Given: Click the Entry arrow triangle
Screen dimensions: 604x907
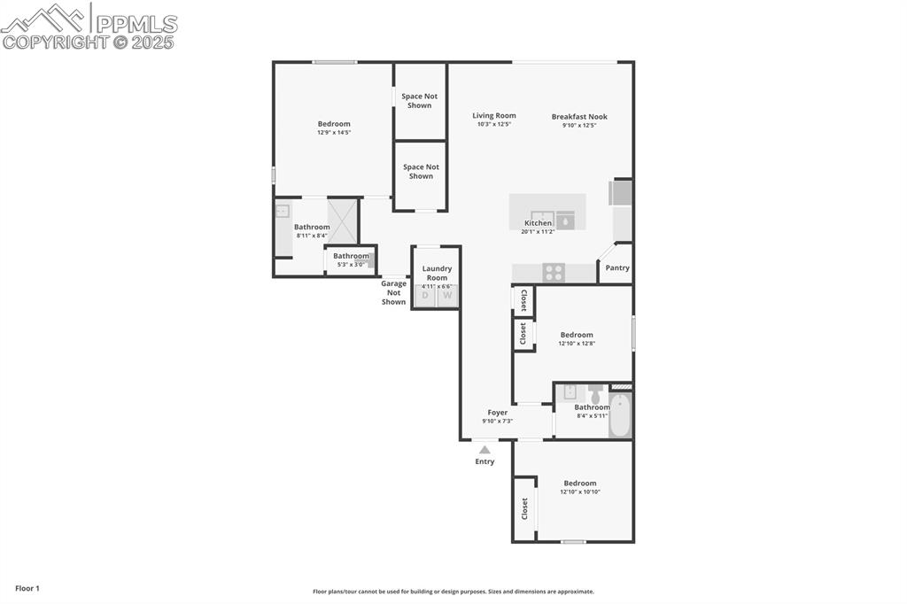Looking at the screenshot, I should coord(485,450).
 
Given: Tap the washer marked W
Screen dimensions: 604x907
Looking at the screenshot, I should coord(448,296).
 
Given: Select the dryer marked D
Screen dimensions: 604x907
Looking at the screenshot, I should coord(425,296).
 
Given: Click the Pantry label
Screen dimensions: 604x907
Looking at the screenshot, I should coord(617,267).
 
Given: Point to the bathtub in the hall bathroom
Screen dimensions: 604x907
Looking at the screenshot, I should coord(620,415).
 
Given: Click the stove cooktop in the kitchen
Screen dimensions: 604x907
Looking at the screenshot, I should coord(554,273).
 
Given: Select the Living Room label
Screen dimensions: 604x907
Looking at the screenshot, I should coord(493,115).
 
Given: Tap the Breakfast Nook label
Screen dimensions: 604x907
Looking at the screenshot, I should coord(579,116).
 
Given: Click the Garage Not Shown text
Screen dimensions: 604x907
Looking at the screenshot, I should coord(393,292).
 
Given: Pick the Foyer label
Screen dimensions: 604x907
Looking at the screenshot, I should coord(498,412).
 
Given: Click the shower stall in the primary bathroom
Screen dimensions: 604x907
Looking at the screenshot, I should coord(342,221).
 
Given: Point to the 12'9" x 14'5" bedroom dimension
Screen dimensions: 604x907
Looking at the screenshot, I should coord(334,133).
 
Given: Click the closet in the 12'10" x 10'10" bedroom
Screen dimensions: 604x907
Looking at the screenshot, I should coord(524,508).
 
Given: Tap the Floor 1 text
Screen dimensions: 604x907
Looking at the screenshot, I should coord(27,588).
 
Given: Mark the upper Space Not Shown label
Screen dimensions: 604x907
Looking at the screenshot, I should coord(420,101).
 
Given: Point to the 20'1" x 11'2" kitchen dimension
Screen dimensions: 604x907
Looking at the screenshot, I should coord(539,231).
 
